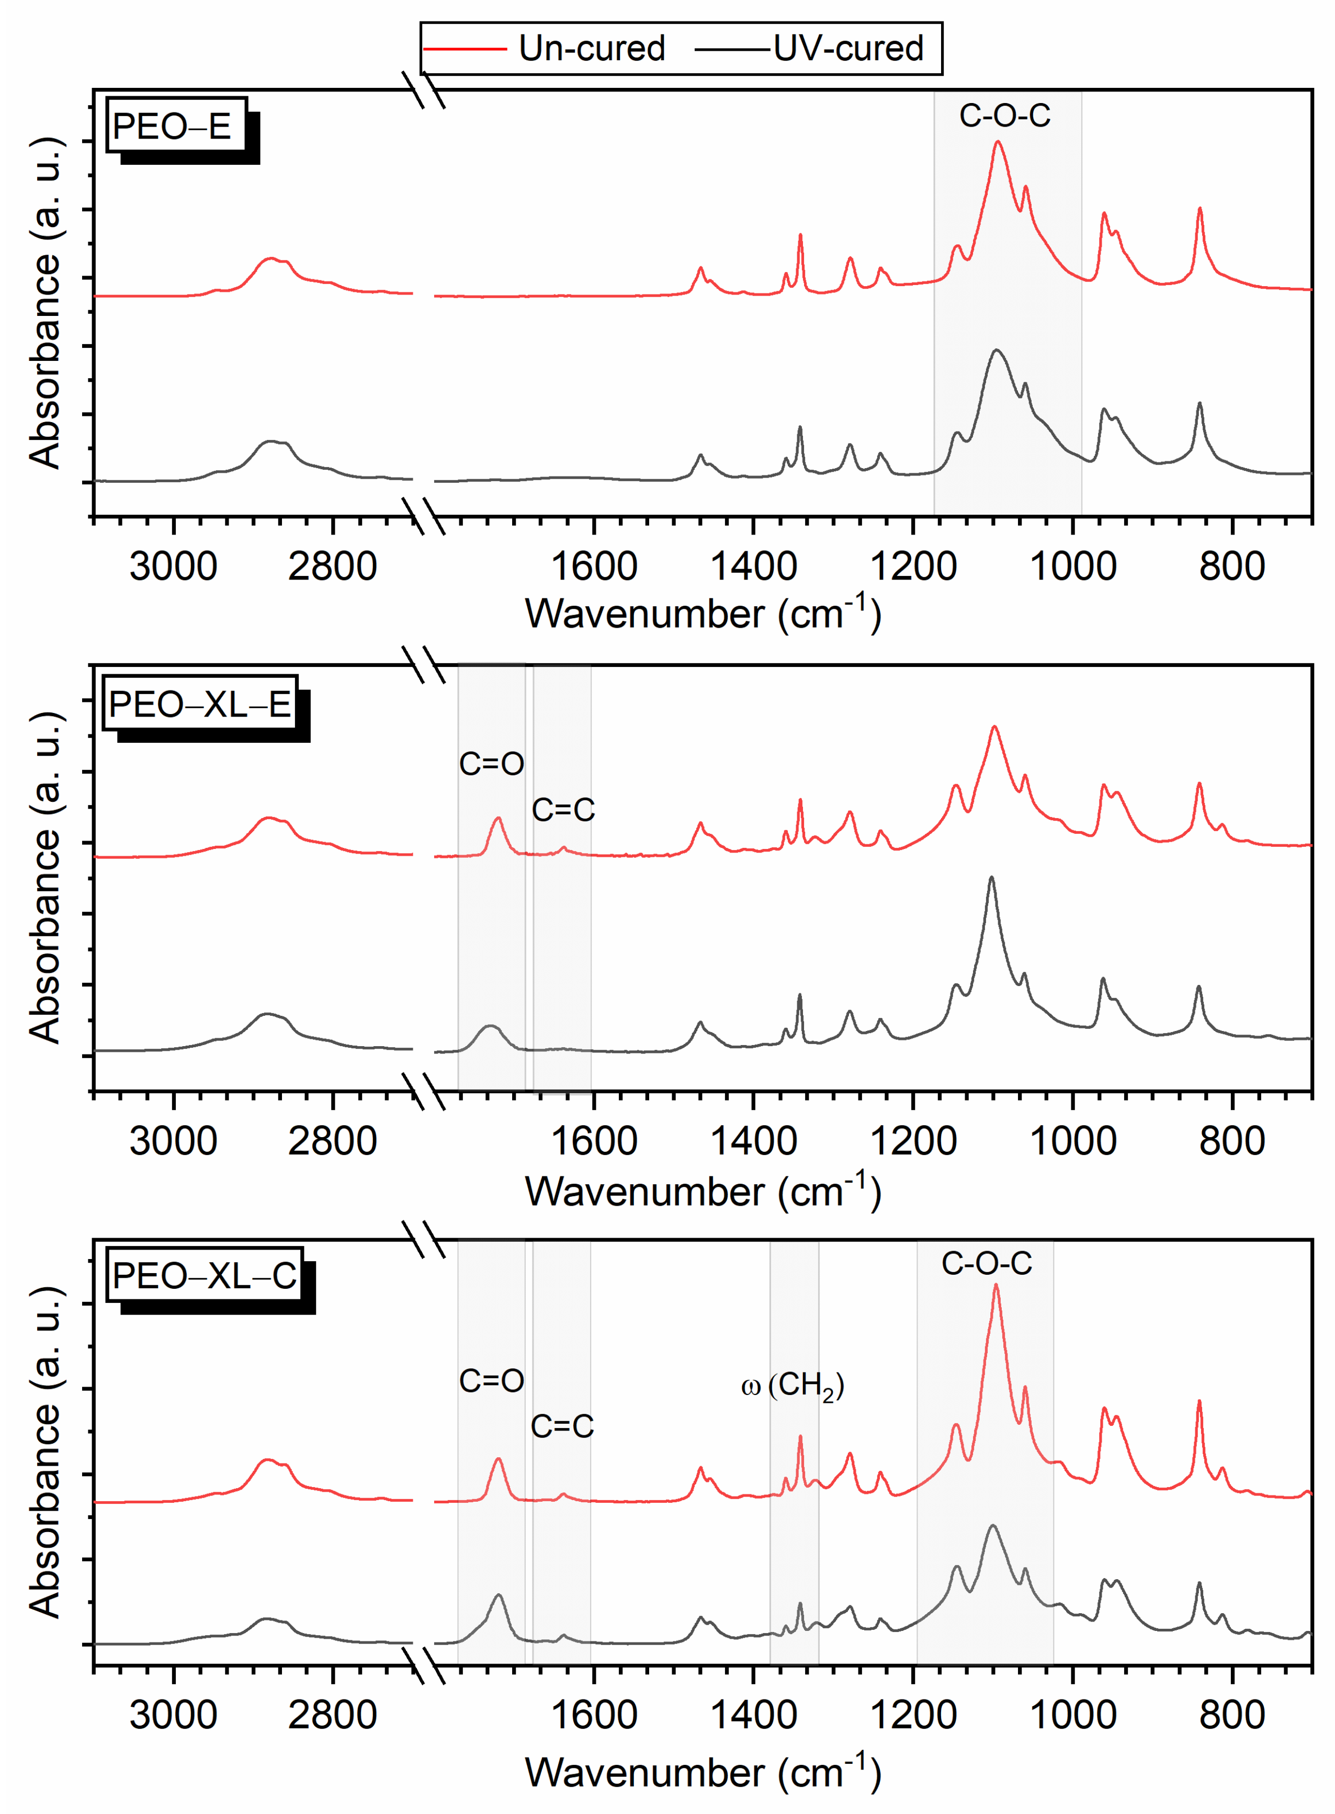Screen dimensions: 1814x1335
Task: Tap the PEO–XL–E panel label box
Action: [x=200, y=704]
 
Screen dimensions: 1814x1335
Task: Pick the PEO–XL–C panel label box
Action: [x=205, y=1276]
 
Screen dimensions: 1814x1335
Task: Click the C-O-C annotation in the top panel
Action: [x=1004, y=116]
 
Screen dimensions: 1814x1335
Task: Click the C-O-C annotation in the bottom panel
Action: [x=986, y=1263]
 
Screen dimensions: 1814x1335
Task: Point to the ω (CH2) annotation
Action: [x=792, y=1386]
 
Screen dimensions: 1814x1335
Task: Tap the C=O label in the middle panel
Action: [x=491, y=764]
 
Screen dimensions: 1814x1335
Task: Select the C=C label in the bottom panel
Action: [x=562, y=1426]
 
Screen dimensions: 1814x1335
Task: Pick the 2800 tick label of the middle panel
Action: [x=332, y=1141]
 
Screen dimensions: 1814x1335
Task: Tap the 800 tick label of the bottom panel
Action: [x=1231, y=1715]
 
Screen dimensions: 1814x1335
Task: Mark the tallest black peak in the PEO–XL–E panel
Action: [x=991, y=878]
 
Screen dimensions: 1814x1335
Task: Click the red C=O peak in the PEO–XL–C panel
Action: [x=498, y=1459]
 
